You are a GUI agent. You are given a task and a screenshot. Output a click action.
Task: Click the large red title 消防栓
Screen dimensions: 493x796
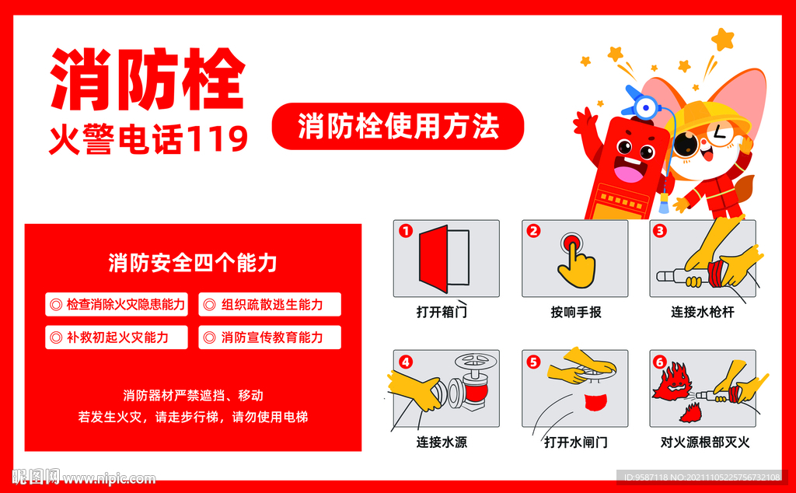pos(148,80)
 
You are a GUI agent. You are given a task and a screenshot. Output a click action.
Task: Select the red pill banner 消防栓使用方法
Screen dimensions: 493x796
pos(397,126)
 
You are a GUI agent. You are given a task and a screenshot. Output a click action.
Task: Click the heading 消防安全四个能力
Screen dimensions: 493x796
pos(193,263)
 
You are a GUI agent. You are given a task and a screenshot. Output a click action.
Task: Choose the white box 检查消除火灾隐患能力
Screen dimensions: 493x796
pos(117,305)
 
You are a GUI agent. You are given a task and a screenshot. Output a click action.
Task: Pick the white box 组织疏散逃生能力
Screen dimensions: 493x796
pos(270,305)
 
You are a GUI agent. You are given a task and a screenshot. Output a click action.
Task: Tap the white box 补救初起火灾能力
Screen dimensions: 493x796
pos(117,337)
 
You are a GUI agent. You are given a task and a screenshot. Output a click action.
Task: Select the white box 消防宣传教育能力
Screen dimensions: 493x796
pos(270,337)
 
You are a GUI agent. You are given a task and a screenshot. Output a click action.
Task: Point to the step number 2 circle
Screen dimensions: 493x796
pos(533,230)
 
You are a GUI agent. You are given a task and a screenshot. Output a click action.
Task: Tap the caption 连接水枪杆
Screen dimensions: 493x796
pos(702,313)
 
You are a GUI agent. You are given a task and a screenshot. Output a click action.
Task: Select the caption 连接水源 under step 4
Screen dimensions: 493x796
pos(442,442)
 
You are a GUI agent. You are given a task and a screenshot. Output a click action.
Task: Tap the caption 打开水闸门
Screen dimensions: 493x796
pos(575,442)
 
